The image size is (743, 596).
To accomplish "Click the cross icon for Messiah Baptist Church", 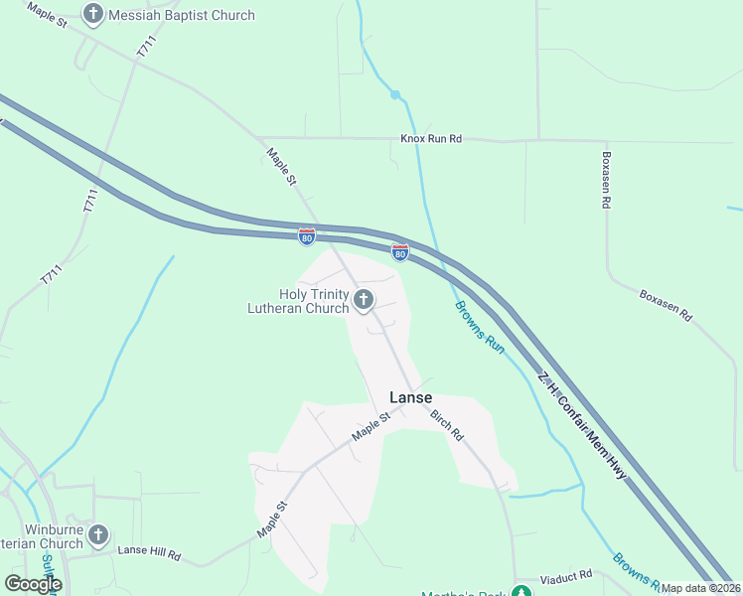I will coord(93,15).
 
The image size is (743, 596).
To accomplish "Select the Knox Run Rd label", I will coord(431,139).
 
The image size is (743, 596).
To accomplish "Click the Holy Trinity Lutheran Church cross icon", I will coord(364,298).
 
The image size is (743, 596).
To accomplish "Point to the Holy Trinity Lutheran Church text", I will coord(298,301).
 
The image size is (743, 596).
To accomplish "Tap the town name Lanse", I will coord(410,397).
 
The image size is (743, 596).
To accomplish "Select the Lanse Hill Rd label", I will coord(149,550).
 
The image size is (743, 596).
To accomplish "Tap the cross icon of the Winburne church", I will coord(97,535).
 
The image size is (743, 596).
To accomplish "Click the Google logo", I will coord(33,584).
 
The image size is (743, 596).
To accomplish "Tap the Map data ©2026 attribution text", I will coord(700,587).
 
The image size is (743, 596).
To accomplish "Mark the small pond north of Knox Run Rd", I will coord(394,94).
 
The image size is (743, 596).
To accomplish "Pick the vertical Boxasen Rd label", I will coord(605,180).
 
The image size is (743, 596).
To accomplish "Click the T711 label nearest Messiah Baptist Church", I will coord(147,51).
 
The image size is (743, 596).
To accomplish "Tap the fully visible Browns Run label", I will coord(481,327).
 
